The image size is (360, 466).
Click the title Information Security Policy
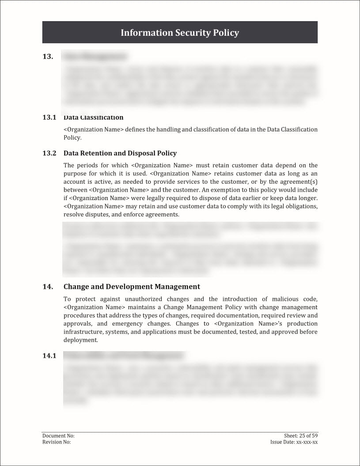(x=180, y=33)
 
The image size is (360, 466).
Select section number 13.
(x=48, y=56)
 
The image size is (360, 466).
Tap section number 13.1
(x=49, y=117)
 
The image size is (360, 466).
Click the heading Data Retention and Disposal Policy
(x=120, y=153)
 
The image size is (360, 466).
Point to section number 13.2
(x=49, y=153)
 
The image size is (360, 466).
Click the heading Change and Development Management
(x=132, y=287)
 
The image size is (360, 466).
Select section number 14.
(x=48, y=287)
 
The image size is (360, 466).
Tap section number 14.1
(x=49, y=356)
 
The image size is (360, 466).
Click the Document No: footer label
(x=55, y=436)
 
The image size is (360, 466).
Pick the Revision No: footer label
(x=56, y=442)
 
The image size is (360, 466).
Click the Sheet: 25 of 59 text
(x=301, y=436)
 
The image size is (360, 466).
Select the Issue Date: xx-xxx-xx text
(x=294, y=442)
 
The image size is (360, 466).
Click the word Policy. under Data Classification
(x=72, y=138)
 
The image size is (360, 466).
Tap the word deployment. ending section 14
(x=80, y=340)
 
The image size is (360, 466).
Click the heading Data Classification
(x=93, y=117)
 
